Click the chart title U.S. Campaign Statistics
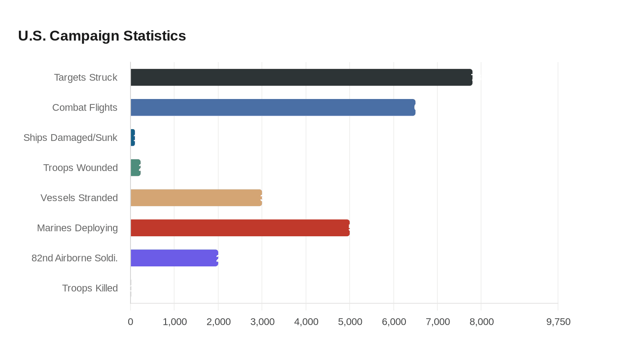(102, 36)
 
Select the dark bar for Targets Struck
(301, 77)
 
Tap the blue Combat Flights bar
(273, 108)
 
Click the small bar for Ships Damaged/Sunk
(133, 138)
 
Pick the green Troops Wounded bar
(135, 168)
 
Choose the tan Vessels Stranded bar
(196, 198)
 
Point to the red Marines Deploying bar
(240, 228)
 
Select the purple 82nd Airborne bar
(174, 258)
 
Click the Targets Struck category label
(85, 77)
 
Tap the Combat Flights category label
(85, 108)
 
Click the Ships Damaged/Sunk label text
(70, 138)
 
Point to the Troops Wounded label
(81, 168)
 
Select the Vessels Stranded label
(79, 198)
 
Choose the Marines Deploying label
(77, 228)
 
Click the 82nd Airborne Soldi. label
(75, 258)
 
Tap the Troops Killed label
(90, 288)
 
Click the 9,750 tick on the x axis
(558, 322)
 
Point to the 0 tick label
(130, 322)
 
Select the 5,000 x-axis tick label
(350, 322)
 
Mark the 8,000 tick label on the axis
(481, 322)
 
